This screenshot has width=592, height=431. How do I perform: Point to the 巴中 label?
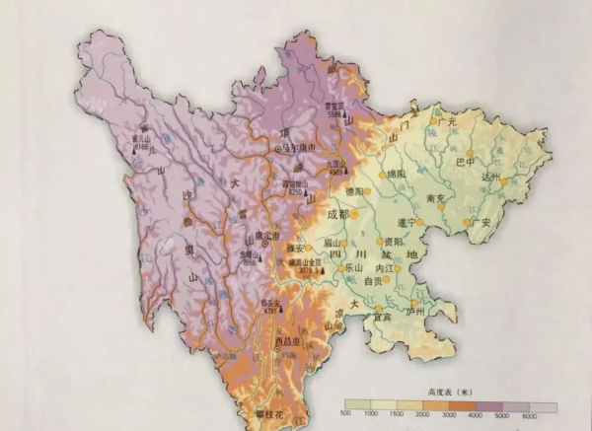pyautogui.click(x=465, y=162)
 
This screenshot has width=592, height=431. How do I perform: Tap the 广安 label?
pyautogui.click(x=481, y=222)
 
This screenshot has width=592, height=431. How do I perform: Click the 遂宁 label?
pyautogui.click(x=404, y=223)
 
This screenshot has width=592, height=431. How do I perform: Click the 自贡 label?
pyautogui.click(x=373, y=281)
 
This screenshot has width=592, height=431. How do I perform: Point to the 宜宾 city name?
pyautogui.click(x=381, y=316)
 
